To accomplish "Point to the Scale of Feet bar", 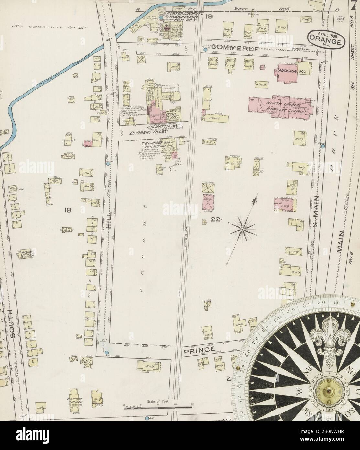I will tap(151, 409).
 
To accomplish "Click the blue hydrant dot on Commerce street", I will tap(205, 50).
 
